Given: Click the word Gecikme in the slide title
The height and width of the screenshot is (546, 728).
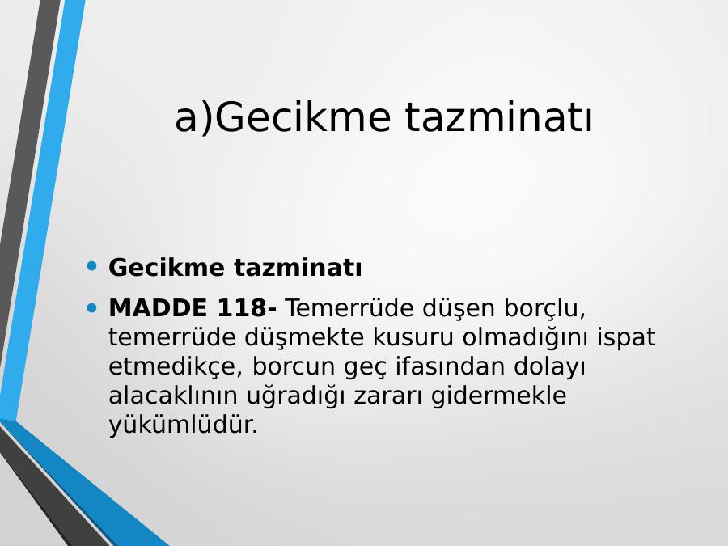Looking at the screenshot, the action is (x=303, y=117).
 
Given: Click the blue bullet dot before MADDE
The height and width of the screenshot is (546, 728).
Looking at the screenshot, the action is (x=92, y=307).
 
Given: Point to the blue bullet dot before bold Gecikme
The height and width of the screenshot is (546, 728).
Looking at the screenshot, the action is (x=92, y=266).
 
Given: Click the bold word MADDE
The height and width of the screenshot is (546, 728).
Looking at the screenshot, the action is (x=158, y=308).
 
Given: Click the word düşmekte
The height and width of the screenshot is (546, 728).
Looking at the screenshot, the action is (x=304, y=337).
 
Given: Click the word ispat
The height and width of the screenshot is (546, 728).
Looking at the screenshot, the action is (x=626, y=338).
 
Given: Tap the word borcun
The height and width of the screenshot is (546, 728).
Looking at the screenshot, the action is (x=294, y=366).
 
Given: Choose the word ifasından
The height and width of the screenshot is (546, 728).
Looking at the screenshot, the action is (x=450, y=366).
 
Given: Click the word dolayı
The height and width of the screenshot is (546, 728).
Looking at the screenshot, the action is (x=549, y=367).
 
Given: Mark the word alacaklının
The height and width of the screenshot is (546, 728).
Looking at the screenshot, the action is (x=173, y=396).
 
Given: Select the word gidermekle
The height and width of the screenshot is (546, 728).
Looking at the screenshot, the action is (x=498, y=396).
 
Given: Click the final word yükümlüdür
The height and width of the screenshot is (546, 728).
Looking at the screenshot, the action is (x=183, y=425).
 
